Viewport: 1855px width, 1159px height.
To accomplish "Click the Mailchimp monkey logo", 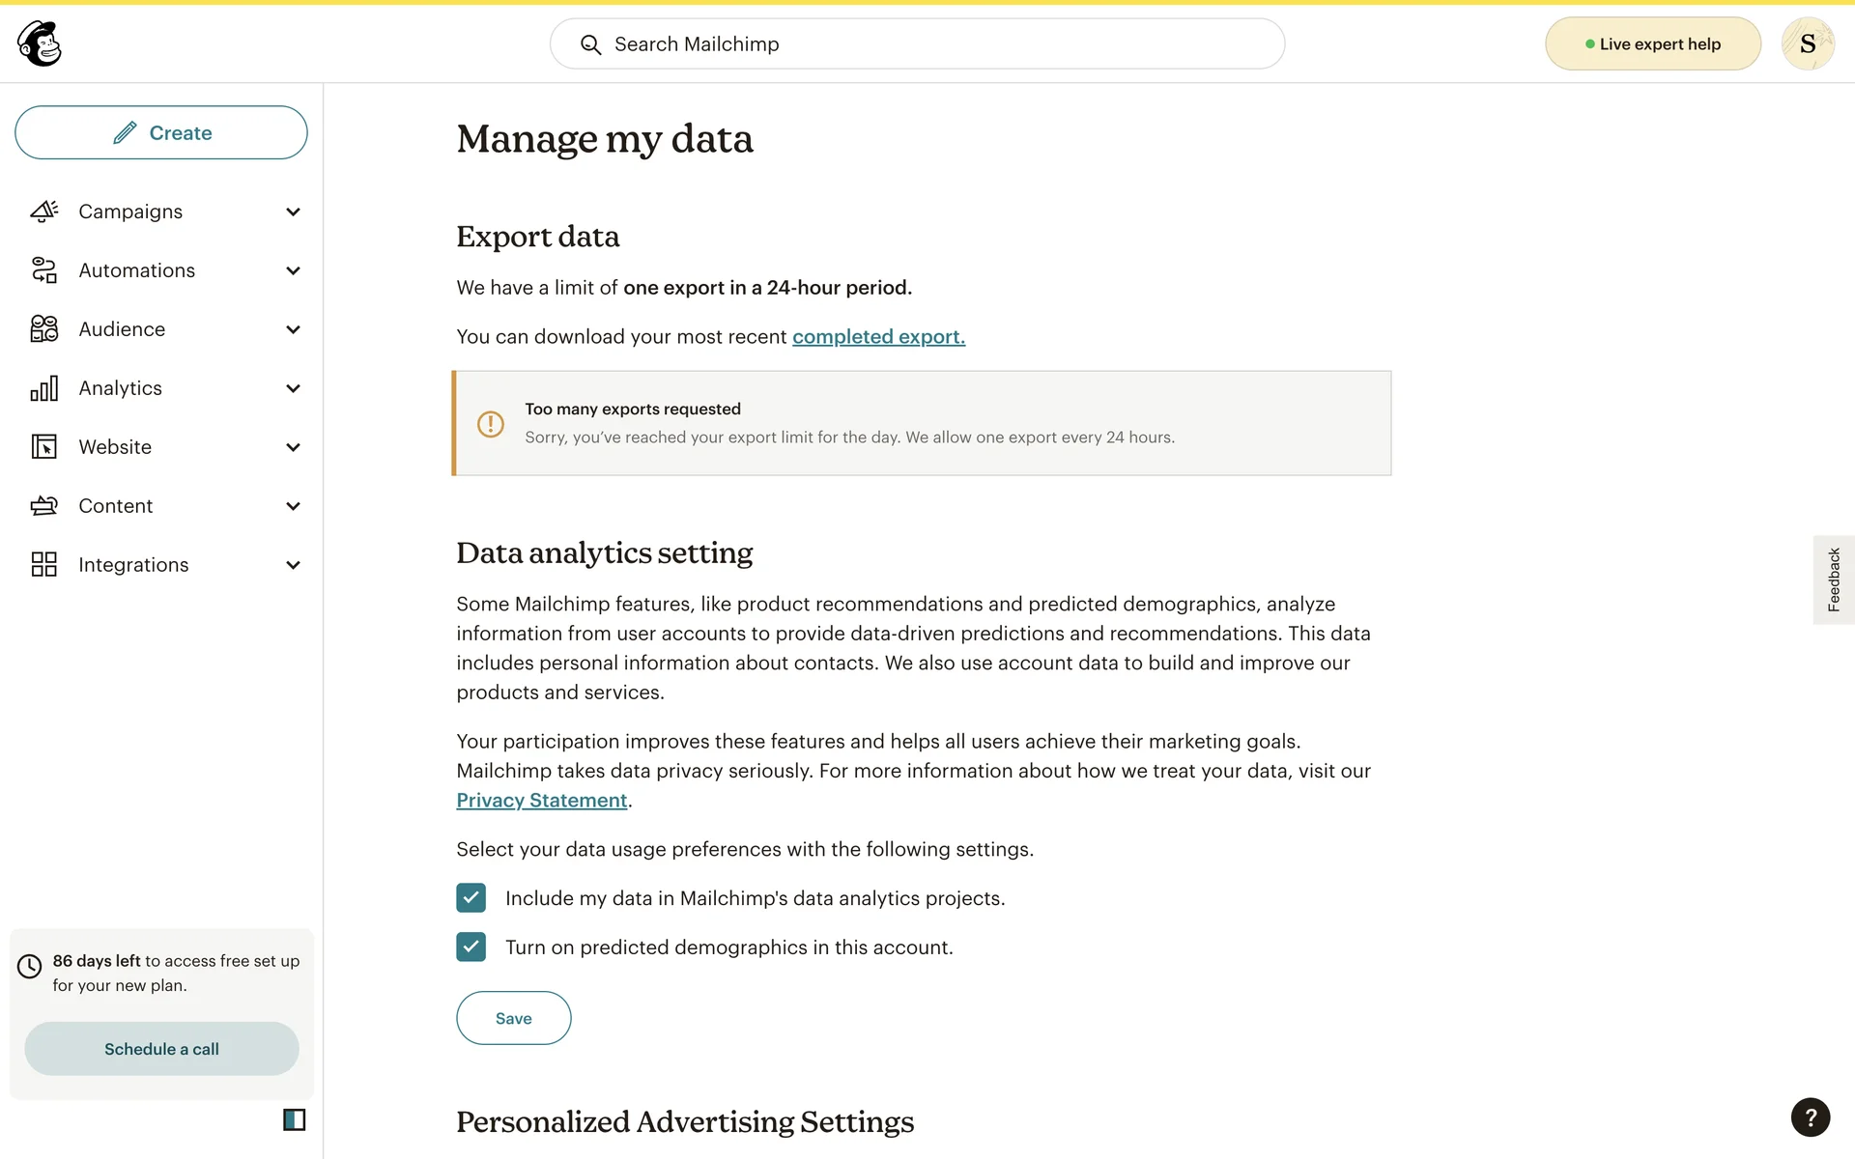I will click(40, 43).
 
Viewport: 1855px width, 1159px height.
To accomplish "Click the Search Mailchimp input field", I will click(917, 44).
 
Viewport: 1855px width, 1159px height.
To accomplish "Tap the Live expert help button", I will click(1652, 44).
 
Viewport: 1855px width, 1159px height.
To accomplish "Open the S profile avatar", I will click(1808, 44).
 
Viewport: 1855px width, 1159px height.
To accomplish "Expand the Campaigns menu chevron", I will click(293, 212).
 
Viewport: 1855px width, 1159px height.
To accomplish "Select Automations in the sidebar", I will click(136, 270).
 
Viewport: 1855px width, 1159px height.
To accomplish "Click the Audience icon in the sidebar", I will click(44, 329).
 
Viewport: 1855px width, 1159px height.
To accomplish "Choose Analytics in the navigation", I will click(120, 388).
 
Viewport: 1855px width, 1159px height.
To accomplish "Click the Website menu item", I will click(115, 447).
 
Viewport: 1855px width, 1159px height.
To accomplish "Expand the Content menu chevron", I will click(293, 506).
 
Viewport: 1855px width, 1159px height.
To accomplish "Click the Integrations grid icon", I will click(44, 565).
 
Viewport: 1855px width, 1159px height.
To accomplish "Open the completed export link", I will click(878, 337).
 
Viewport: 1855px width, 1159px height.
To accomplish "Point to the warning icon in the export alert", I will click(491, 424).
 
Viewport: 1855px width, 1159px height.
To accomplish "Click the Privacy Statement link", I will click(542, 801).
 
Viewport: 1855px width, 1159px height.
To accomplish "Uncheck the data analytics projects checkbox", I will click(471, 898).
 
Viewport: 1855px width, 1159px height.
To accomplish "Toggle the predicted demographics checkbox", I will click(471, 947).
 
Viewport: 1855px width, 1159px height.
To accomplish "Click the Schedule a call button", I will click(161, 1049).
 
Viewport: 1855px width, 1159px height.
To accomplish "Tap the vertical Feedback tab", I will click(1833, 579).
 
